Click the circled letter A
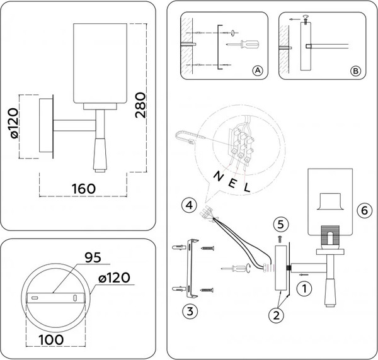(x=256, y=71)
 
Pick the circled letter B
(x=356, y=71)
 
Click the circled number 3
(x=186, y=309)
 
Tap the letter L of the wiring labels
(x=247, y=186)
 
